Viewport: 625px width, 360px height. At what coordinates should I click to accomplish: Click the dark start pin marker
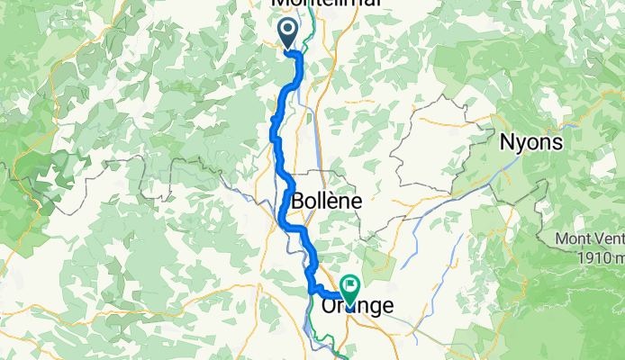point(288,33)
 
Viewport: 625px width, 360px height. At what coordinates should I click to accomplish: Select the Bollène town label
point(325,202)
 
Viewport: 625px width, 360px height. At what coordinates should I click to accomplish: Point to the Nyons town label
point(531,142)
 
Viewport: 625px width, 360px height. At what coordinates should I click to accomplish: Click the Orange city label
point(357,306)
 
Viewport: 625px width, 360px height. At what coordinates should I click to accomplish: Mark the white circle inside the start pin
point(288,30)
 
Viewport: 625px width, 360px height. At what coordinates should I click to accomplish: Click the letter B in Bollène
point(296,202)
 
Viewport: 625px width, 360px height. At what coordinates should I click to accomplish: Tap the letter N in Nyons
point(507,142)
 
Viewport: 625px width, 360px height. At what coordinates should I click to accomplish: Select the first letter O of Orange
point(329,306)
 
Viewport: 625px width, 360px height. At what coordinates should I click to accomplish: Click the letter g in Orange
point(376,308)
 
